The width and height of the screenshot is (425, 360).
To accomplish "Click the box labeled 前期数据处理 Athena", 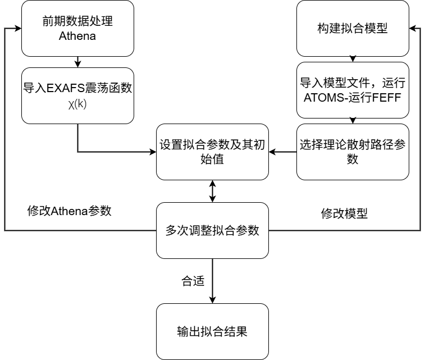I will (77, 28).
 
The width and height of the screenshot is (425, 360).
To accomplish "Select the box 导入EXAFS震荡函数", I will (77, 95).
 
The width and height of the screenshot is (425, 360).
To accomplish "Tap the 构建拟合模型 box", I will (353, 28).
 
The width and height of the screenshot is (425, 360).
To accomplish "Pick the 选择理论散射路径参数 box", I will (353, 152).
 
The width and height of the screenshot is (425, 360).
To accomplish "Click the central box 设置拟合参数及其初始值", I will (212, 152).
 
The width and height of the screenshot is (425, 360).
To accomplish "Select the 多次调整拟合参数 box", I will (212, 230).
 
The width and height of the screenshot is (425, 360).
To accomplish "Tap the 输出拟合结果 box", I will (212, 331).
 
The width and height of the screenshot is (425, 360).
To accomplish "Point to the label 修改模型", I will (344, 213).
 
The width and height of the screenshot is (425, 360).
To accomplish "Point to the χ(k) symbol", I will (77, 104).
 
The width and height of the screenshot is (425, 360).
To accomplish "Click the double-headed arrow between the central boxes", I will (212, 191).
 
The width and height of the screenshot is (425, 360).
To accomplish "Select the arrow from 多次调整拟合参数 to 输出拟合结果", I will (212, 281).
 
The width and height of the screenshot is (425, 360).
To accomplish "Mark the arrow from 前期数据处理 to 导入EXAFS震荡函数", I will (77, 61).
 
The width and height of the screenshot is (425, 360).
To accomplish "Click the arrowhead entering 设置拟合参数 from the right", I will (272, 152).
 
